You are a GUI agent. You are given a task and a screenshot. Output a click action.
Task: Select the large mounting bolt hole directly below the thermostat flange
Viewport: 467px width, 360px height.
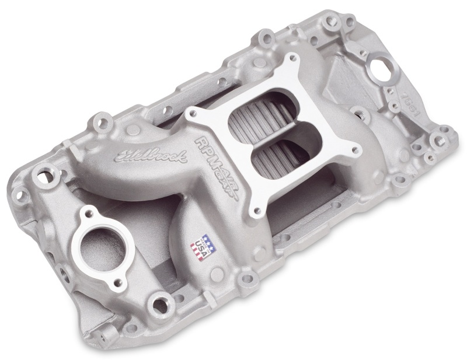[157, 303]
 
